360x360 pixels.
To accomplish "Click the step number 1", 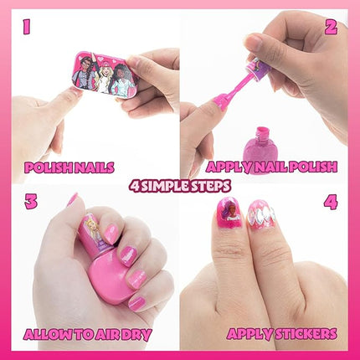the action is pos(27,28).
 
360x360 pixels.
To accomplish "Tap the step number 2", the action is pos(331,28).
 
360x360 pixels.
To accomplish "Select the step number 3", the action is pos(31,202).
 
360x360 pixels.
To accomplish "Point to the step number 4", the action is pos(331,202).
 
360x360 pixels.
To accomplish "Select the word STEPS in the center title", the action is pos(213,186).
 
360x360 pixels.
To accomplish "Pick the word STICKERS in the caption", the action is pos(306,334).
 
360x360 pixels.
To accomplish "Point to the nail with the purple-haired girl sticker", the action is pos(229,212).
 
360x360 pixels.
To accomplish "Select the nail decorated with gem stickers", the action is pos(261,215).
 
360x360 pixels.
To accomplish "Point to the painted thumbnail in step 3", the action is pos(73,199).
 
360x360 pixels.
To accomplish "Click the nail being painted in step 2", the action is pos(219,103).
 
